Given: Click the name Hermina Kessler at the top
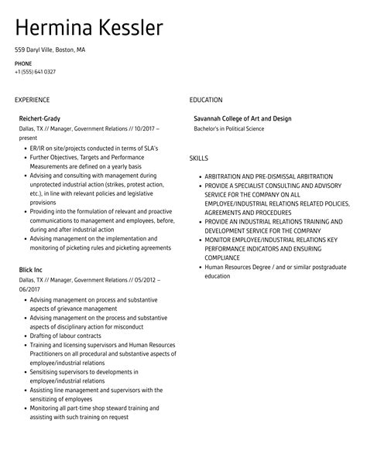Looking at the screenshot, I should tap(89, 28).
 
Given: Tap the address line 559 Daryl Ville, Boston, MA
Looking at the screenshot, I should tap(50, 49).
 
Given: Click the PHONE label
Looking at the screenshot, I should tap(22, 63).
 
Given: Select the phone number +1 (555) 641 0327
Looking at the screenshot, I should tap(35, 72).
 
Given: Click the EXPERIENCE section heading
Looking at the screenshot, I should tap(32, 100).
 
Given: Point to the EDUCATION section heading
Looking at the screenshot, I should tap(206, 100).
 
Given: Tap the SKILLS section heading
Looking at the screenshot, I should tap(199, 158).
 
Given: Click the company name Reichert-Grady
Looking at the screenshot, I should tap(40, 118).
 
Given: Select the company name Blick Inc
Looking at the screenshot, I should tap(32, 270).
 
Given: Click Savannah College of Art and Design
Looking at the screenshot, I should tap(242, 118).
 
